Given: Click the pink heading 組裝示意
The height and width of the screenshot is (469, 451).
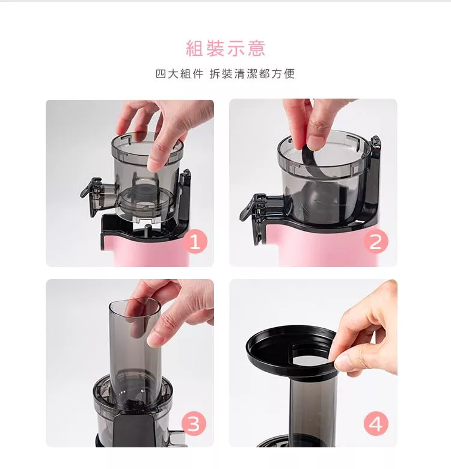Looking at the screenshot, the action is pyautogui.click(x=226, y=48).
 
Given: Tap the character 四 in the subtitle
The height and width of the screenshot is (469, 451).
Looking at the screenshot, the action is pyautogui.click(x=161, y=74).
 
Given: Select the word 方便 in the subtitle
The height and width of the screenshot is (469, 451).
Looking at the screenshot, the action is pyautogui.click(x=283, y=74).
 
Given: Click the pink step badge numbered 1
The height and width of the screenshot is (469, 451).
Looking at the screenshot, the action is pyautogui.click(x=195, y=242).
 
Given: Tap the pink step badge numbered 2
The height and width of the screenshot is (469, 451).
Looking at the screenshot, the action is pyautogui.click(x=376, y=242).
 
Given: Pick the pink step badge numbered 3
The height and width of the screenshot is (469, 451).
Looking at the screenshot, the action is pyautogui.click(x=194, y=424).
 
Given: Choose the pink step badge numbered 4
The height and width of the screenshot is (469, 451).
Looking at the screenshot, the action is pyautogui.click(x=376, y=424).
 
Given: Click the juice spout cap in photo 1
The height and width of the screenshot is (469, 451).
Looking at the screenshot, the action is pyautogui.click(x=91, y=191).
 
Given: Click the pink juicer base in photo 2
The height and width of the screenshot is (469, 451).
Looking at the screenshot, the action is pyautogui.click(x=326, y=245).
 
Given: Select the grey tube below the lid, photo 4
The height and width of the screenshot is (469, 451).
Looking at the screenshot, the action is pyautogui.click(x=313, y=412).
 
